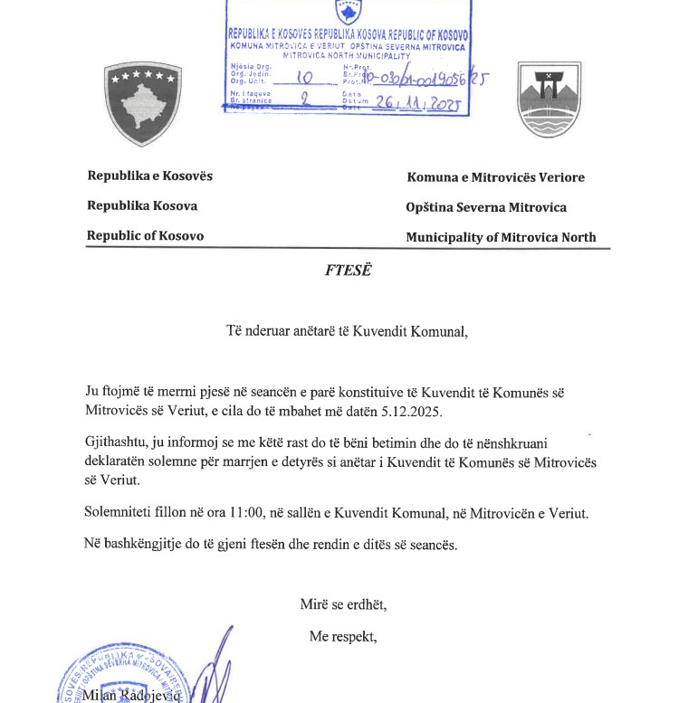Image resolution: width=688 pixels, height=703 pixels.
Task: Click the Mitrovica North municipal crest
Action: (x=549, y=100)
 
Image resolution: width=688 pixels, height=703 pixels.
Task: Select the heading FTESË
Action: (x=348, y=270)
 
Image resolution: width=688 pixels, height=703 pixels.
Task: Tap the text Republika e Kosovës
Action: (x=149, y=176)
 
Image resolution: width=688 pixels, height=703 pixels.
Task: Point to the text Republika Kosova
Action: (x=142, y=205)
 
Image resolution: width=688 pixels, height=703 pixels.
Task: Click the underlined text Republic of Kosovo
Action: (x=145, y=236)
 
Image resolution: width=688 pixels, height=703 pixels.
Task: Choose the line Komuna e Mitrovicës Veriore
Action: (x=495, y=177)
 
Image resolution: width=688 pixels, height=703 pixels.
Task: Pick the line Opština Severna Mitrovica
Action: (x=486, y=207)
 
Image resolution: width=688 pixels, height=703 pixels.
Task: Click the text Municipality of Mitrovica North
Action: (x=501, y=238)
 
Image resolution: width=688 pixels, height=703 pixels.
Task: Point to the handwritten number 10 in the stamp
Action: (x=303, y=79)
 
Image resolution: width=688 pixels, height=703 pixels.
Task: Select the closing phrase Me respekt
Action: (x=343, y=636)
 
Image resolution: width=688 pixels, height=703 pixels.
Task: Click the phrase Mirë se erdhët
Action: (x=343, y=604)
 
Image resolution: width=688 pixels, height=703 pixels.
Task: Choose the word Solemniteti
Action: (x=121, y=513)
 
